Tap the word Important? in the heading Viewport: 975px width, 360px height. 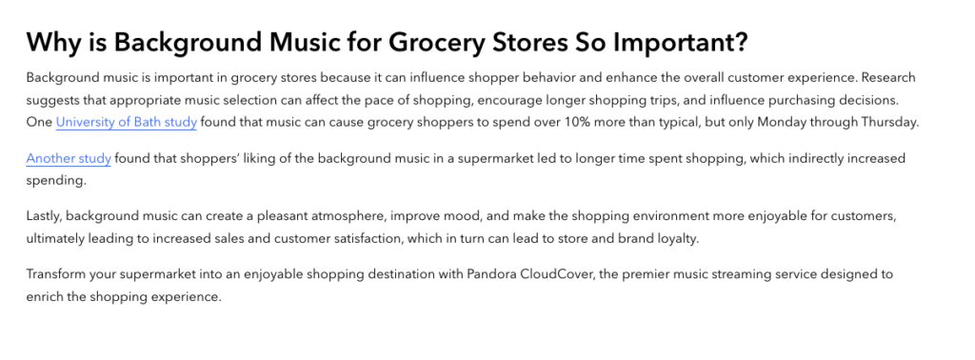click(680, 43)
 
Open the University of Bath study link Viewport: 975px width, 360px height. click(127, 123)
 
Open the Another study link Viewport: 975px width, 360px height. click(69, 158)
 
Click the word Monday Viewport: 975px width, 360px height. click(781, 123)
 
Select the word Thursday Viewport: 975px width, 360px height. click(890, 123)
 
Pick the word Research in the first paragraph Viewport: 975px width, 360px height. click(888, 78)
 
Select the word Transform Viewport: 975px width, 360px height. click(55, 274)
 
